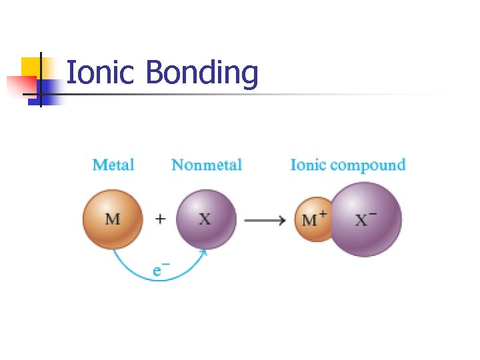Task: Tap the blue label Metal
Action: (113, 165)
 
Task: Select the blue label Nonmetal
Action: (206, 165)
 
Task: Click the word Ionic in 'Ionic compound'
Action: (307, 165)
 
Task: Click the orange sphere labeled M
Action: (113, 219)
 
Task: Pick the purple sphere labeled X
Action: (206, 219)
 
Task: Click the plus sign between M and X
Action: (160, 219)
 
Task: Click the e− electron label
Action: (160, 271)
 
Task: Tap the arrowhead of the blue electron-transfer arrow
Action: (204, 252)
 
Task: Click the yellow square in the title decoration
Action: (31, 66)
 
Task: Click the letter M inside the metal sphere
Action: (113, 219)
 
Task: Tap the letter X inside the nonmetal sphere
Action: (205, 219)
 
